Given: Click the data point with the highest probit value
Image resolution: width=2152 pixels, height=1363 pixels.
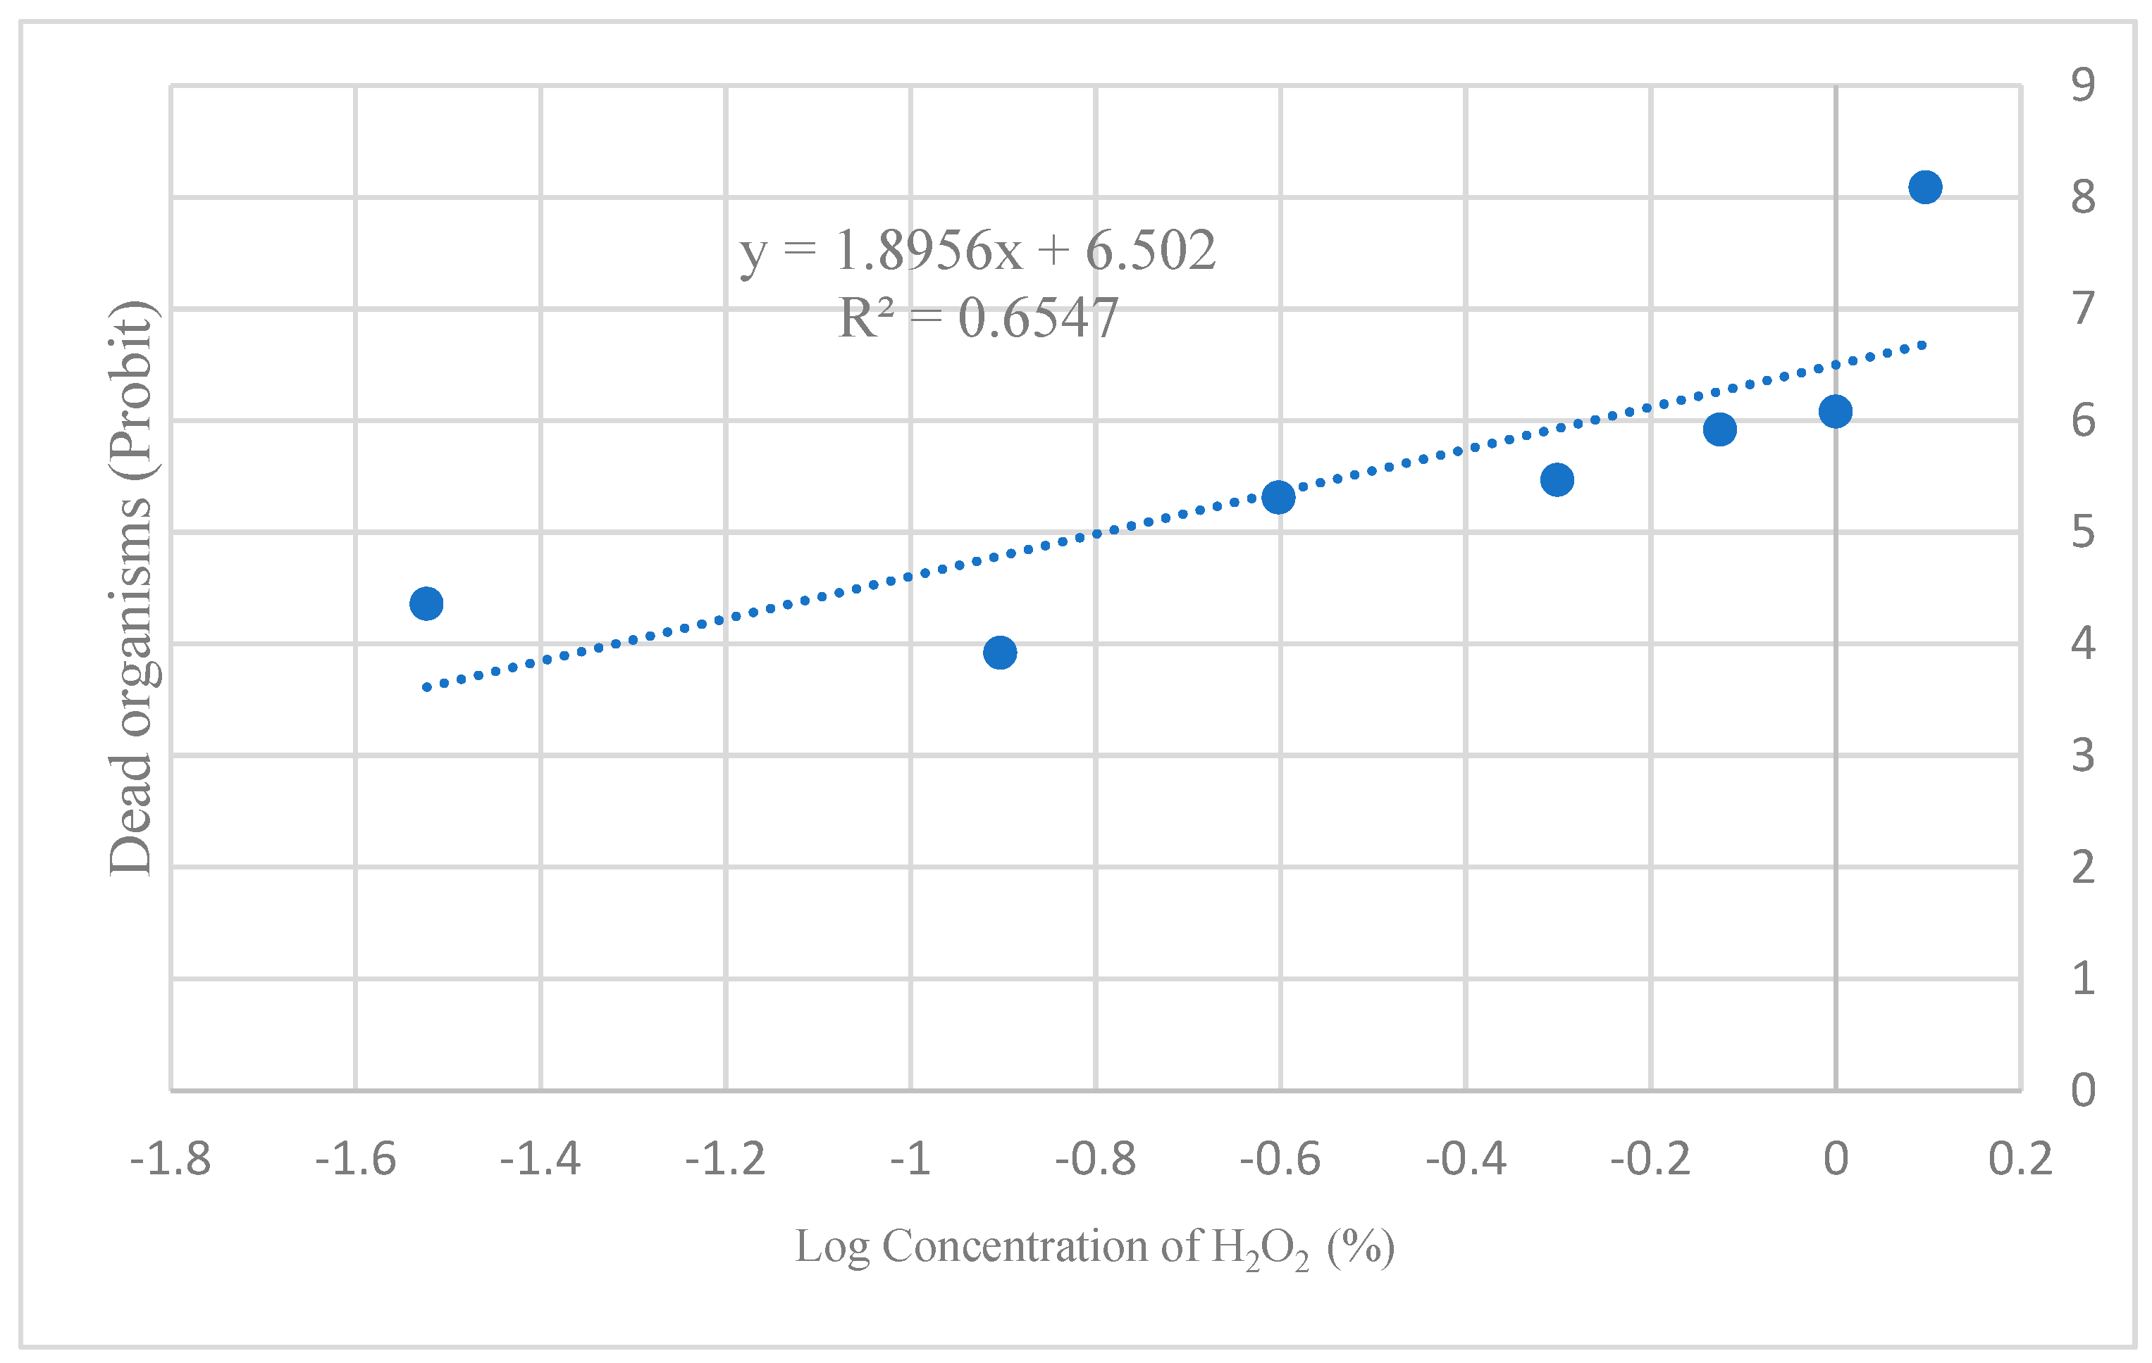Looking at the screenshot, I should click(1924, 187).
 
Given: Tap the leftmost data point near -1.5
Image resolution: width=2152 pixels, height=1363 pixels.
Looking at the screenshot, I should click(426, 604).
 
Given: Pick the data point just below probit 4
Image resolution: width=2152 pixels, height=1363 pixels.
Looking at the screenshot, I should click(999, 653).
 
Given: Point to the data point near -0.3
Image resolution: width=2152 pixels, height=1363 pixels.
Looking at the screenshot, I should click(1557, 479).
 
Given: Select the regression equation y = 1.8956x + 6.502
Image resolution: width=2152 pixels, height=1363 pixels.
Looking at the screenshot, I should click(977, 250).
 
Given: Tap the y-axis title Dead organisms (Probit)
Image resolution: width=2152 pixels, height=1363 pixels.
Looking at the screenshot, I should click(130, 588).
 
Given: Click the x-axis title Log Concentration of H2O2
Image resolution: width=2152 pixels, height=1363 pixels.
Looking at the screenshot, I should click(1094, 1247).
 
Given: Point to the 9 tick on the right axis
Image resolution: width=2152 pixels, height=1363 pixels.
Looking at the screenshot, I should click(2082, 85).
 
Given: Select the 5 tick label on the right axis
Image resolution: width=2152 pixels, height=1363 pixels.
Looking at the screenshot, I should click(2082, 532).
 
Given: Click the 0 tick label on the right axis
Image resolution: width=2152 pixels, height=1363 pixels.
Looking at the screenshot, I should click(2082, 1091).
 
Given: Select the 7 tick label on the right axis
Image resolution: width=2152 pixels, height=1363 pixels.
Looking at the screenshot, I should click(2082, 309).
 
